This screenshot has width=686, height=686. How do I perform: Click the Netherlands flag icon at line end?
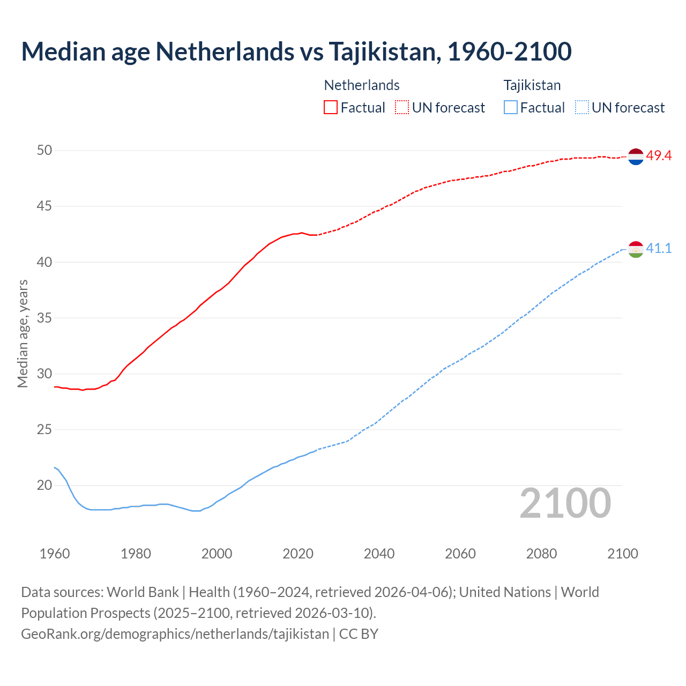click(x=636, y=156)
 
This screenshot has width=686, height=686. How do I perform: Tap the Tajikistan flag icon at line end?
click(x=636, y=249)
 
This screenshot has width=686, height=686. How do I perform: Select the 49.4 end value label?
click(x=659, y=156)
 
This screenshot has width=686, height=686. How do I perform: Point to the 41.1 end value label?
click(x=659, y=249)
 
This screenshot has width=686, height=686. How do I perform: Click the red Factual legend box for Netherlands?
click(x=331, y=108)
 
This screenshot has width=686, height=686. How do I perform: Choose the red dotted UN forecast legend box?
click(x=402, y=108)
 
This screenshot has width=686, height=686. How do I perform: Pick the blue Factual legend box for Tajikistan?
click(x=511, y=108)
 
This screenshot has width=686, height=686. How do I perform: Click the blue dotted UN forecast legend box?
click(x=582, y=108)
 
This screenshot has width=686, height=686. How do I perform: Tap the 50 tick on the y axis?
click(x=44, y=150)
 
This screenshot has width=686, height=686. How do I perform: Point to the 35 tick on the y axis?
click(x=44, y=318)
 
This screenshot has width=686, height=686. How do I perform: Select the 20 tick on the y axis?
click(x=44, y=486)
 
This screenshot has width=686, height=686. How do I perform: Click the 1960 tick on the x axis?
click(x=55, y=554)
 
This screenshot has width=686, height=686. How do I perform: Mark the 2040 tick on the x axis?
click(x=379, y=554)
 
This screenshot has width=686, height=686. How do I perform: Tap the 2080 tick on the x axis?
click(x=541, y=554)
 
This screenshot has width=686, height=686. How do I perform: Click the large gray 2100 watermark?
click(x=565, y=503)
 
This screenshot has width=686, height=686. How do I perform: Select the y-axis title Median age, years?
click(x=23, y=333)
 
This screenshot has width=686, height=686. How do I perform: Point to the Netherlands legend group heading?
click(x=362, y=85)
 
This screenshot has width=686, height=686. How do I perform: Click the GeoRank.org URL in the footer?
click(x=175, y=633)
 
